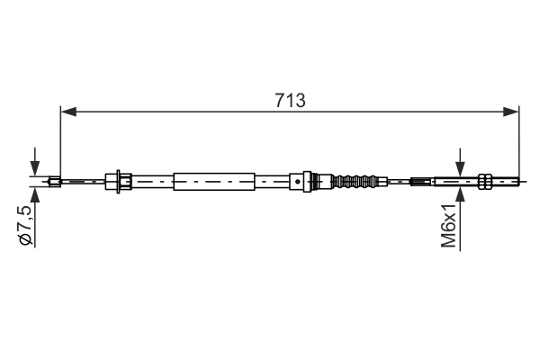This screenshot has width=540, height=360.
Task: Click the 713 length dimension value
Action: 290,100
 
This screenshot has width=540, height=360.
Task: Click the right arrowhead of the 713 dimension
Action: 513,112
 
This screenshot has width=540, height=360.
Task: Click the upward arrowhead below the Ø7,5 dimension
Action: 34,193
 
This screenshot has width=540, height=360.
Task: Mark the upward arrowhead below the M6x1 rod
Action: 460,193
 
